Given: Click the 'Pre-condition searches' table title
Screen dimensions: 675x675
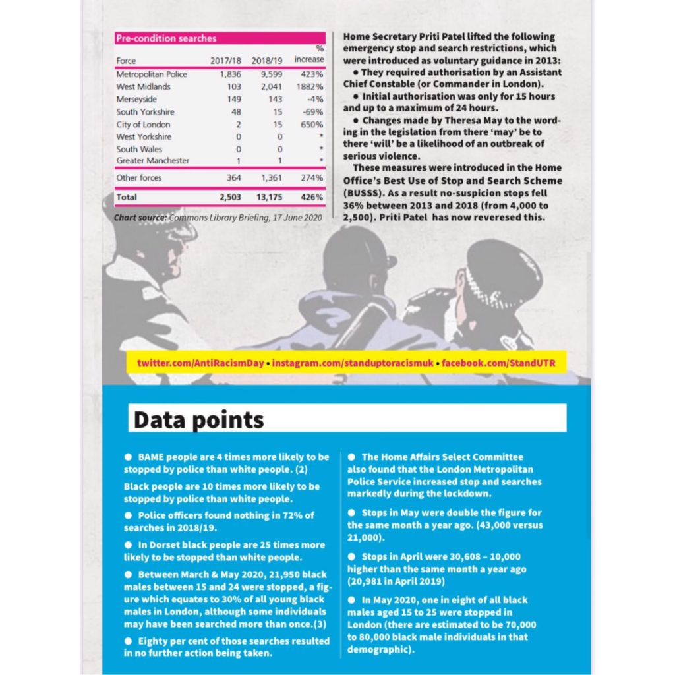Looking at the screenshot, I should [167, 39].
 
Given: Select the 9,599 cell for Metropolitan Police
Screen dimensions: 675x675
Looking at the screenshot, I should [264, 74].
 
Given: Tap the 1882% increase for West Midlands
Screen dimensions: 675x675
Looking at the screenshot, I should [310, 87].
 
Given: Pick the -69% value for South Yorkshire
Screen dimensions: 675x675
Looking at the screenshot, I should [313, 112].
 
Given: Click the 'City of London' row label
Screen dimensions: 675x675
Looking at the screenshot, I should [143, 125].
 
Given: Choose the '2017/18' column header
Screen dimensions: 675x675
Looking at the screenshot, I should [226, 61].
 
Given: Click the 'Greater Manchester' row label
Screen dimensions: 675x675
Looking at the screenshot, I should [153, 161].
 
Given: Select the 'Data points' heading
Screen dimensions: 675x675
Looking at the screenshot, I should [198, 420].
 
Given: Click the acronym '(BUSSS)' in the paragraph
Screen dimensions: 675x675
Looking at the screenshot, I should [367, 192].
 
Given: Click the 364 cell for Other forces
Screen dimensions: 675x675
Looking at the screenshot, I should [233, 178].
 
